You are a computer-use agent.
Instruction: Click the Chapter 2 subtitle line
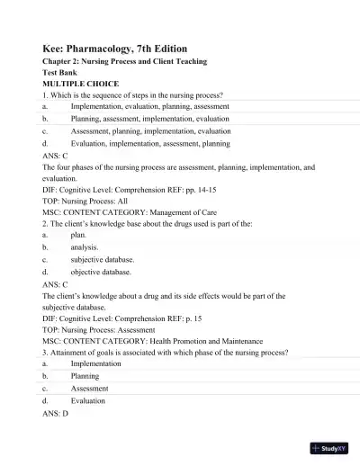tap(125, 61)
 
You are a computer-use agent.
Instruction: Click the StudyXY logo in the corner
tap(328, 447)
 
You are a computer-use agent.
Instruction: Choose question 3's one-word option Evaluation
tap(88, 400)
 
